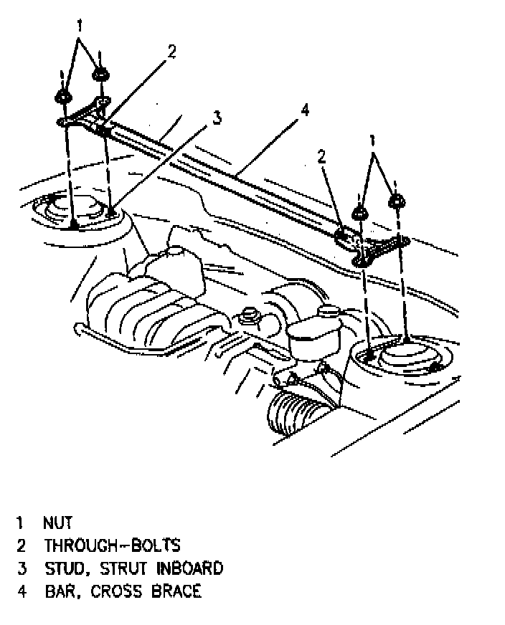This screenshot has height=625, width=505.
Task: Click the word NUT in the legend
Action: tap(57, 523)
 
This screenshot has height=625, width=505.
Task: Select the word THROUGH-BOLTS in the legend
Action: tap(112, 545)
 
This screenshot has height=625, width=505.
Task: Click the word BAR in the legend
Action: tap(60, 591)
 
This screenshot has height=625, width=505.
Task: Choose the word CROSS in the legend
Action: tap(110, 591)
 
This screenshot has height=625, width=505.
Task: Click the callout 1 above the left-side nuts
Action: tap(80, 25)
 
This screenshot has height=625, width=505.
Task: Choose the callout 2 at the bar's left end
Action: tap(171, 52)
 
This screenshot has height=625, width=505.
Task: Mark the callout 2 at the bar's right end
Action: tap(322, 156)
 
